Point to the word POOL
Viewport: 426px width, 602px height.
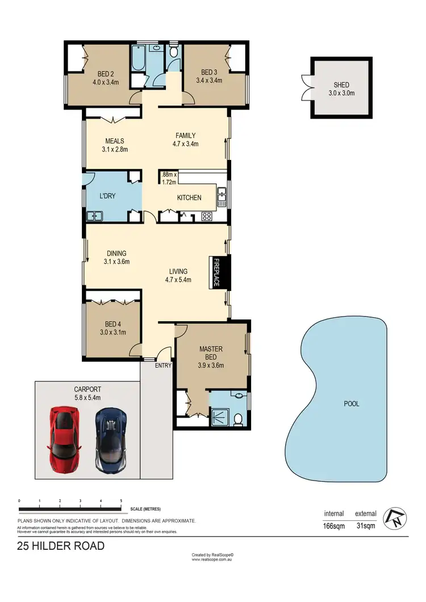point(352,404)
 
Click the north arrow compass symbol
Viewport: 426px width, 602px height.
point(394,517)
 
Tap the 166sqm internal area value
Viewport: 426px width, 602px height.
point(334,526)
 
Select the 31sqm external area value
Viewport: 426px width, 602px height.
point(365,526)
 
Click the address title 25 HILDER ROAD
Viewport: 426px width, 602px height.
point(60,546)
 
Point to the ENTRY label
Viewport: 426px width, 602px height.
point(163,365)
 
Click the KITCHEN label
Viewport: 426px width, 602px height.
point(189,198)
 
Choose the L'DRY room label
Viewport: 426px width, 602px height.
point(108,196)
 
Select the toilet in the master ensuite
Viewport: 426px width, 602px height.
point(239,418)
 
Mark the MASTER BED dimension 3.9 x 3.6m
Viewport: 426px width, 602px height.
point(211,365)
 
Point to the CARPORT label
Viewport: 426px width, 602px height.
point(87,390)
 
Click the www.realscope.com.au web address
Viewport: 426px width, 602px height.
point(213,560)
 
